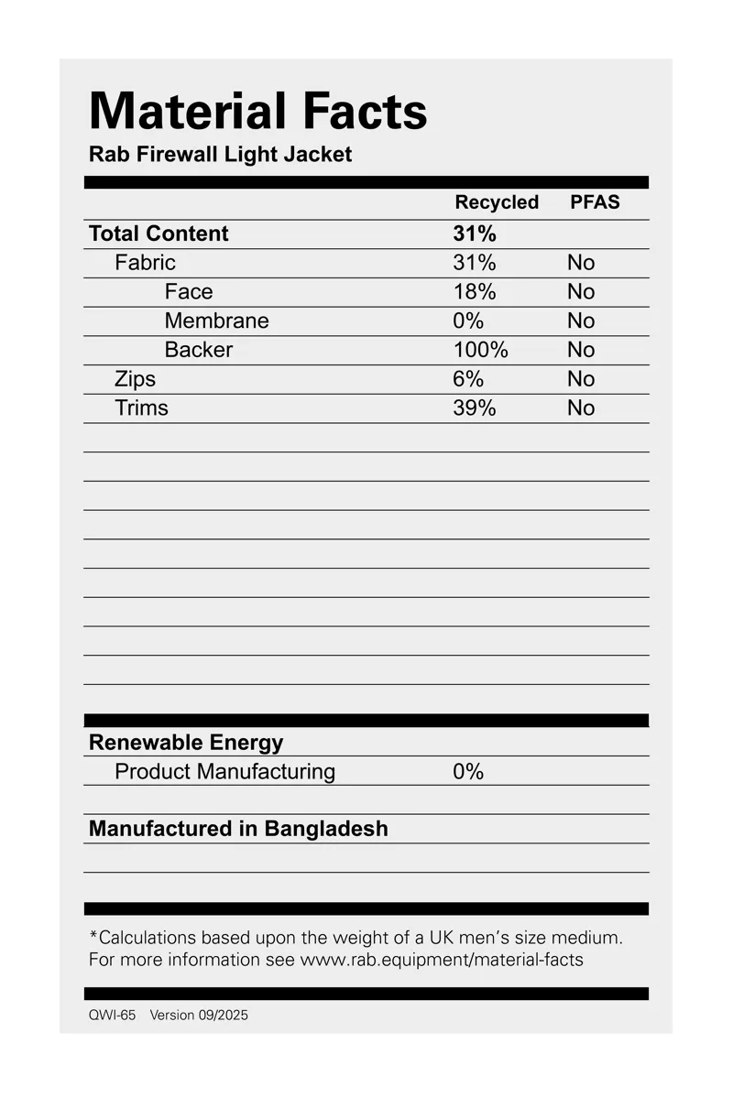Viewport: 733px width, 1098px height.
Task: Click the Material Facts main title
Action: click(257, 112)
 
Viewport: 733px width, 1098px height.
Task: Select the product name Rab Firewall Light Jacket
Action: click(220, 154)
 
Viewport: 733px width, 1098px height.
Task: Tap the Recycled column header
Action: click(497, 202)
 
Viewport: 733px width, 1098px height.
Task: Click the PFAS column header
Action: click(595, 202)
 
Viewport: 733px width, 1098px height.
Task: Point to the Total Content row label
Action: click(159, 234)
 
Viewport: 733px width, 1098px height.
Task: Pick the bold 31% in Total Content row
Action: click(474, 234)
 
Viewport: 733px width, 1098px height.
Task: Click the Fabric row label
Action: click(145, 263)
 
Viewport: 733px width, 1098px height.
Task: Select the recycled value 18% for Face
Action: click(474, 292)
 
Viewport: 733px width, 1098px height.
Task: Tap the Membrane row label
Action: click(216, 321)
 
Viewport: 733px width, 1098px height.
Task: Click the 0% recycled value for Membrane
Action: click(468, 321)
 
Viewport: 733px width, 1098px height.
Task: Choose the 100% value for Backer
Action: click(480, 350)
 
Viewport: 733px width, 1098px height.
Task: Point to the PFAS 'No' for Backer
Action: click(581, 350)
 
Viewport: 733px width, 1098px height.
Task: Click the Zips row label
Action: click(135, 379)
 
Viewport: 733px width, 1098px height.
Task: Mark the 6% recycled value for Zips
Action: click(468, 379)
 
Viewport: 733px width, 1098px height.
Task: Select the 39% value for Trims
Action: click(474, 408)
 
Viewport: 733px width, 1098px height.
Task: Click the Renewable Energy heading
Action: click(186, 743)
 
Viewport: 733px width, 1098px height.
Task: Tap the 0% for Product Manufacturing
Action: click(468, 772)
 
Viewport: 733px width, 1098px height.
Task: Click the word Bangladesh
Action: click(326, 829)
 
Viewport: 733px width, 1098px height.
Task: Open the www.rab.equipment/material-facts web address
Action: click(442, 960)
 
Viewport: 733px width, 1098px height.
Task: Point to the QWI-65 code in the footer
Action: click(112, 1015)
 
